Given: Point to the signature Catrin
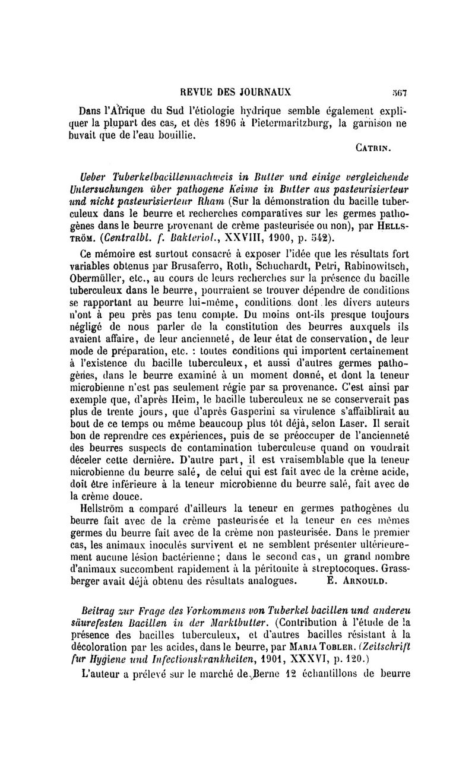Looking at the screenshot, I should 385,160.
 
